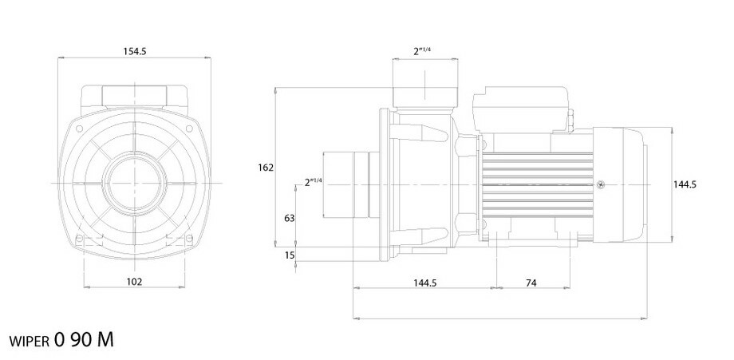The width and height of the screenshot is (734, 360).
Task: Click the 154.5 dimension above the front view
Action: [134, 51]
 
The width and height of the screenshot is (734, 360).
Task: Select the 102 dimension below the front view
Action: [134, 281]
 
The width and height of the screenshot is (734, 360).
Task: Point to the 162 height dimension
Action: [266, 168]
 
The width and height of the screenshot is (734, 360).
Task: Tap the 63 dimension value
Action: [289, 216]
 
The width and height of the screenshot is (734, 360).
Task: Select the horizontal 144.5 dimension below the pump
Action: [424, 281]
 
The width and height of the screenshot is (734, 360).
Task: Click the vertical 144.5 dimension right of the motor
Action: [685, 184]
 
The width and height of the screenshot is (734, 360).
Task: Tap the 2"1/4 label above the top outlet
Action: [422, 51]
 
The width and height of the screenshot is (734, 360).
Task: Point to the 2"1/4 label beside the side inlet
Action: [313, 182]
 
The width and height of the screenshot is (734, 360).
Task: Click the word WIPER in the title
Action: [31, 341]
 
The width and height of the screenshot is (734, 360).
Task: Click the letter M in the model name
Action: [105, 339]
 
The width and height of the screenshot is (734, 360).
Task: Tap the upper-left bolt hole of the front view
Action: [81, 126]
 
